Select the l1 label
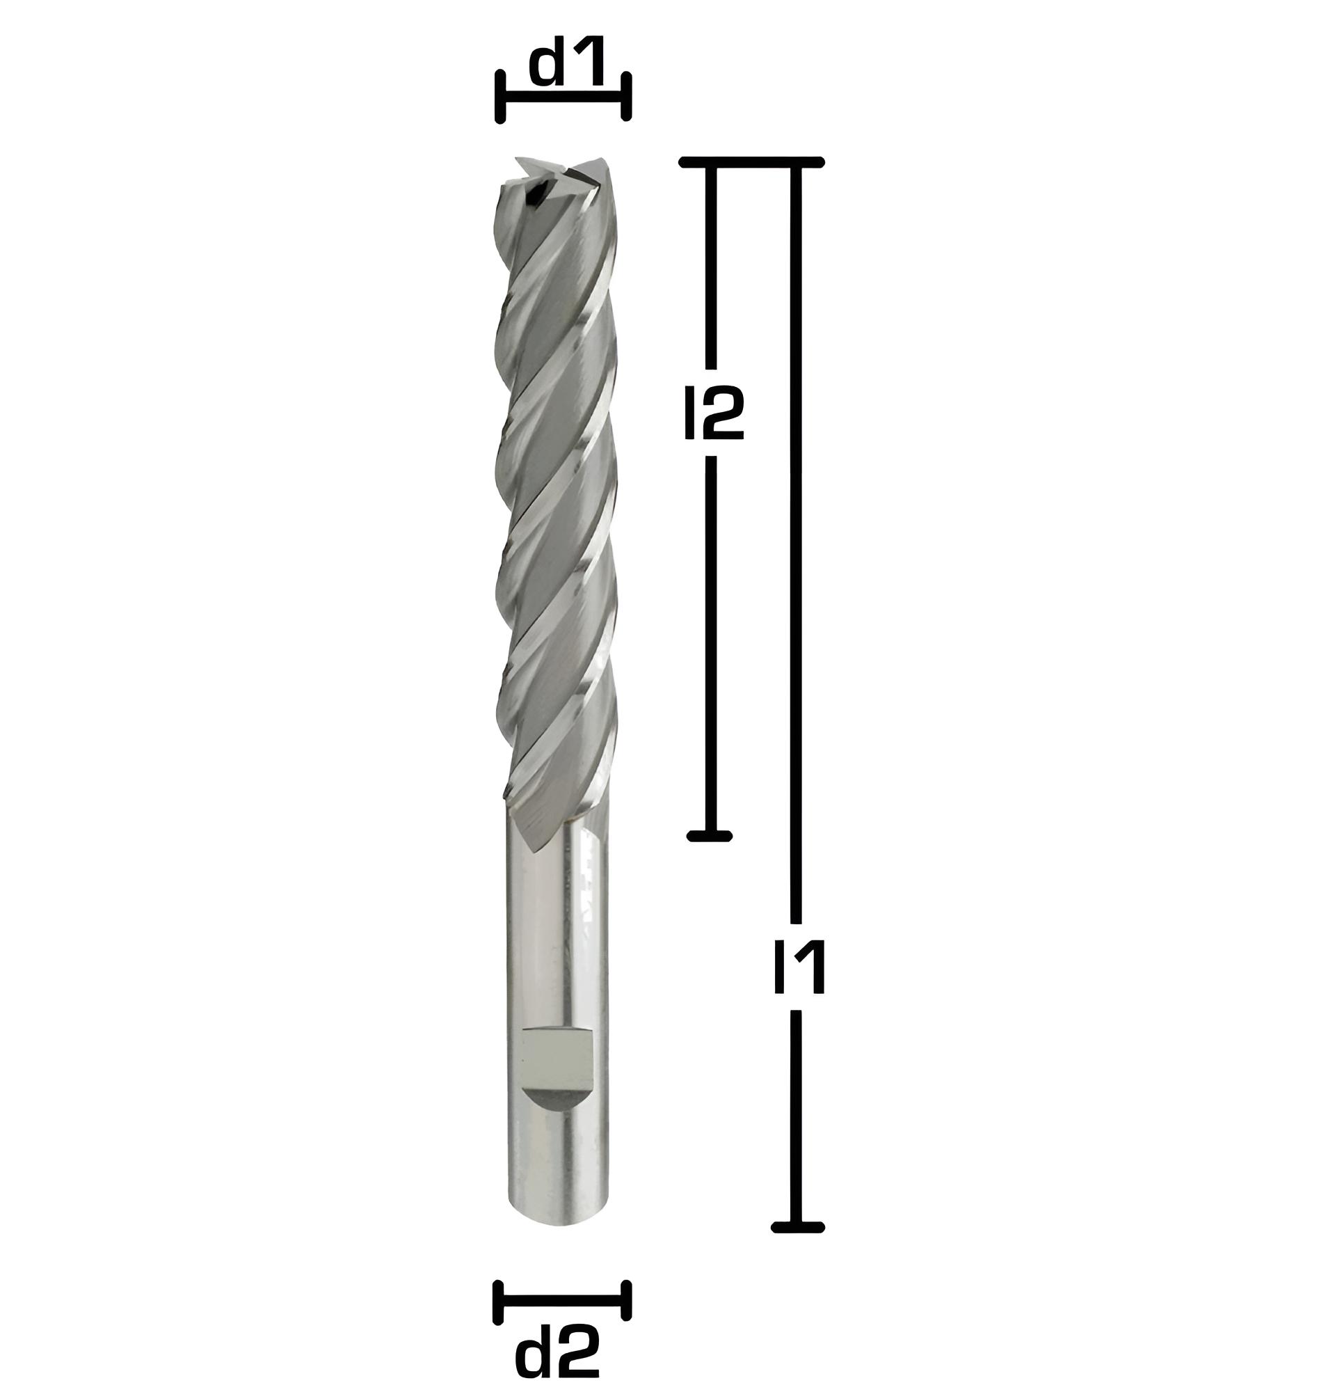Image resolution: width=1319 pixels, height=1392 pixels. coord(799,969)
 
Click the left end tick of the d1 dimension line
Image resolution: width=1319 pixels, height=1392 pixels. coord(501,97)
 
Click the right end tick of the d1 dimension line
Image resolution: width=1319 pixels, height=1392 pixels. coord(626,96)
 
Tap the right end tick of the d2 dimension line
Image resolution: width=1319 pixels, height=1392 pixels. coord(626,1302)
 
